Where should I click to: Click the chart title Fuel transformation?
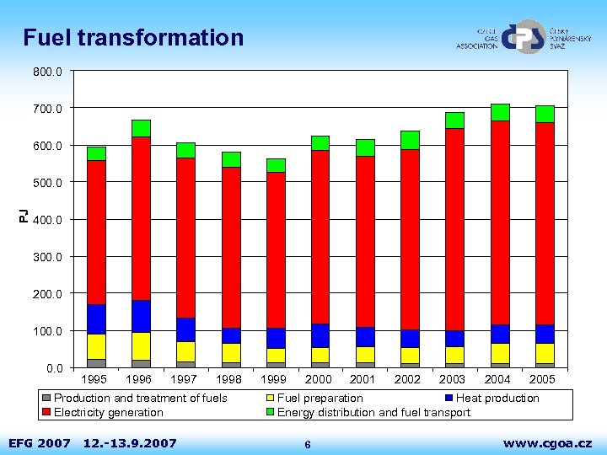click(133, 38)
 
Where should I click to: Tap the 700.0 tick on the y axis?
click(48, 108)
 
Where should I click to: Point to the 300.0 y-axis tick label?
click(48, 256)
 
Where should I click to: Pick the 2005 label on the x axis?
click(542, 379)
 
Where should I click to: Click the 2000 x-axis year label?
click(318, 379)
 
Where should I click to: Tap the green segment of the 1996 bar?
click(141, 128)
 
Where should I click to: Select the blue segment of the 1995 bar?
click(96, 319)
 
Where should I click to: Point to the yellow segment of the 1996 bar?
click(141, 345)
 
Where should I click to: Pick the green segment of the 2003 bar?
click(455, 120)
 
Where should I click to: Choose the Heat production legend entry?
click(492, 398)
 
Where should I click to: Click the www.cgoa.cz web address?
click(547, 443)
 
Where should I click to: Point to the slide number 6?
click(308, 444)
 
